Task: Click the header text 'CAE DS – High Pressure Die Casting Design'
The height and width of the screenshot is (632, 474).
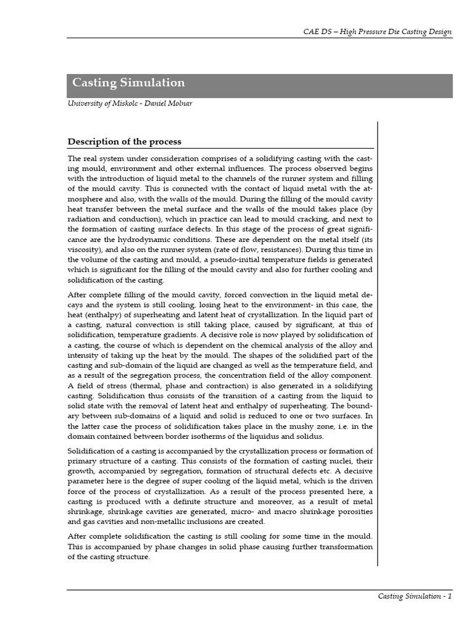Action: coord(376,31)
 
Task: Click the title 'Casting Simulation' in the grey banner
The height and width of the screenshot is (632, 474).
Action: coord(128,83)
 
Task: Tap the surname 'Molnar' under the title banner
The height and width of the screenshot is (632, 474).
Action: coord(178,103)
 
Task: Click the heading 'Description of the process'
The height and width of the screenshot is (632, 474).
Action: coord(124,142)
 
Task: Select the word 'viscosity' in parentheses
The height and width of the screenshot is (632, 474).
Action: coord(86,250)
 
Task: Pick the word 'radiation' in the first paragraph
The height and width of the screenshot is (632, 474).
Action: coord(83,220)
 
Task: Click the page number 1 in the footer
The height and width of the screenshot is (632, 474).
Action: coord(450,596)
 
